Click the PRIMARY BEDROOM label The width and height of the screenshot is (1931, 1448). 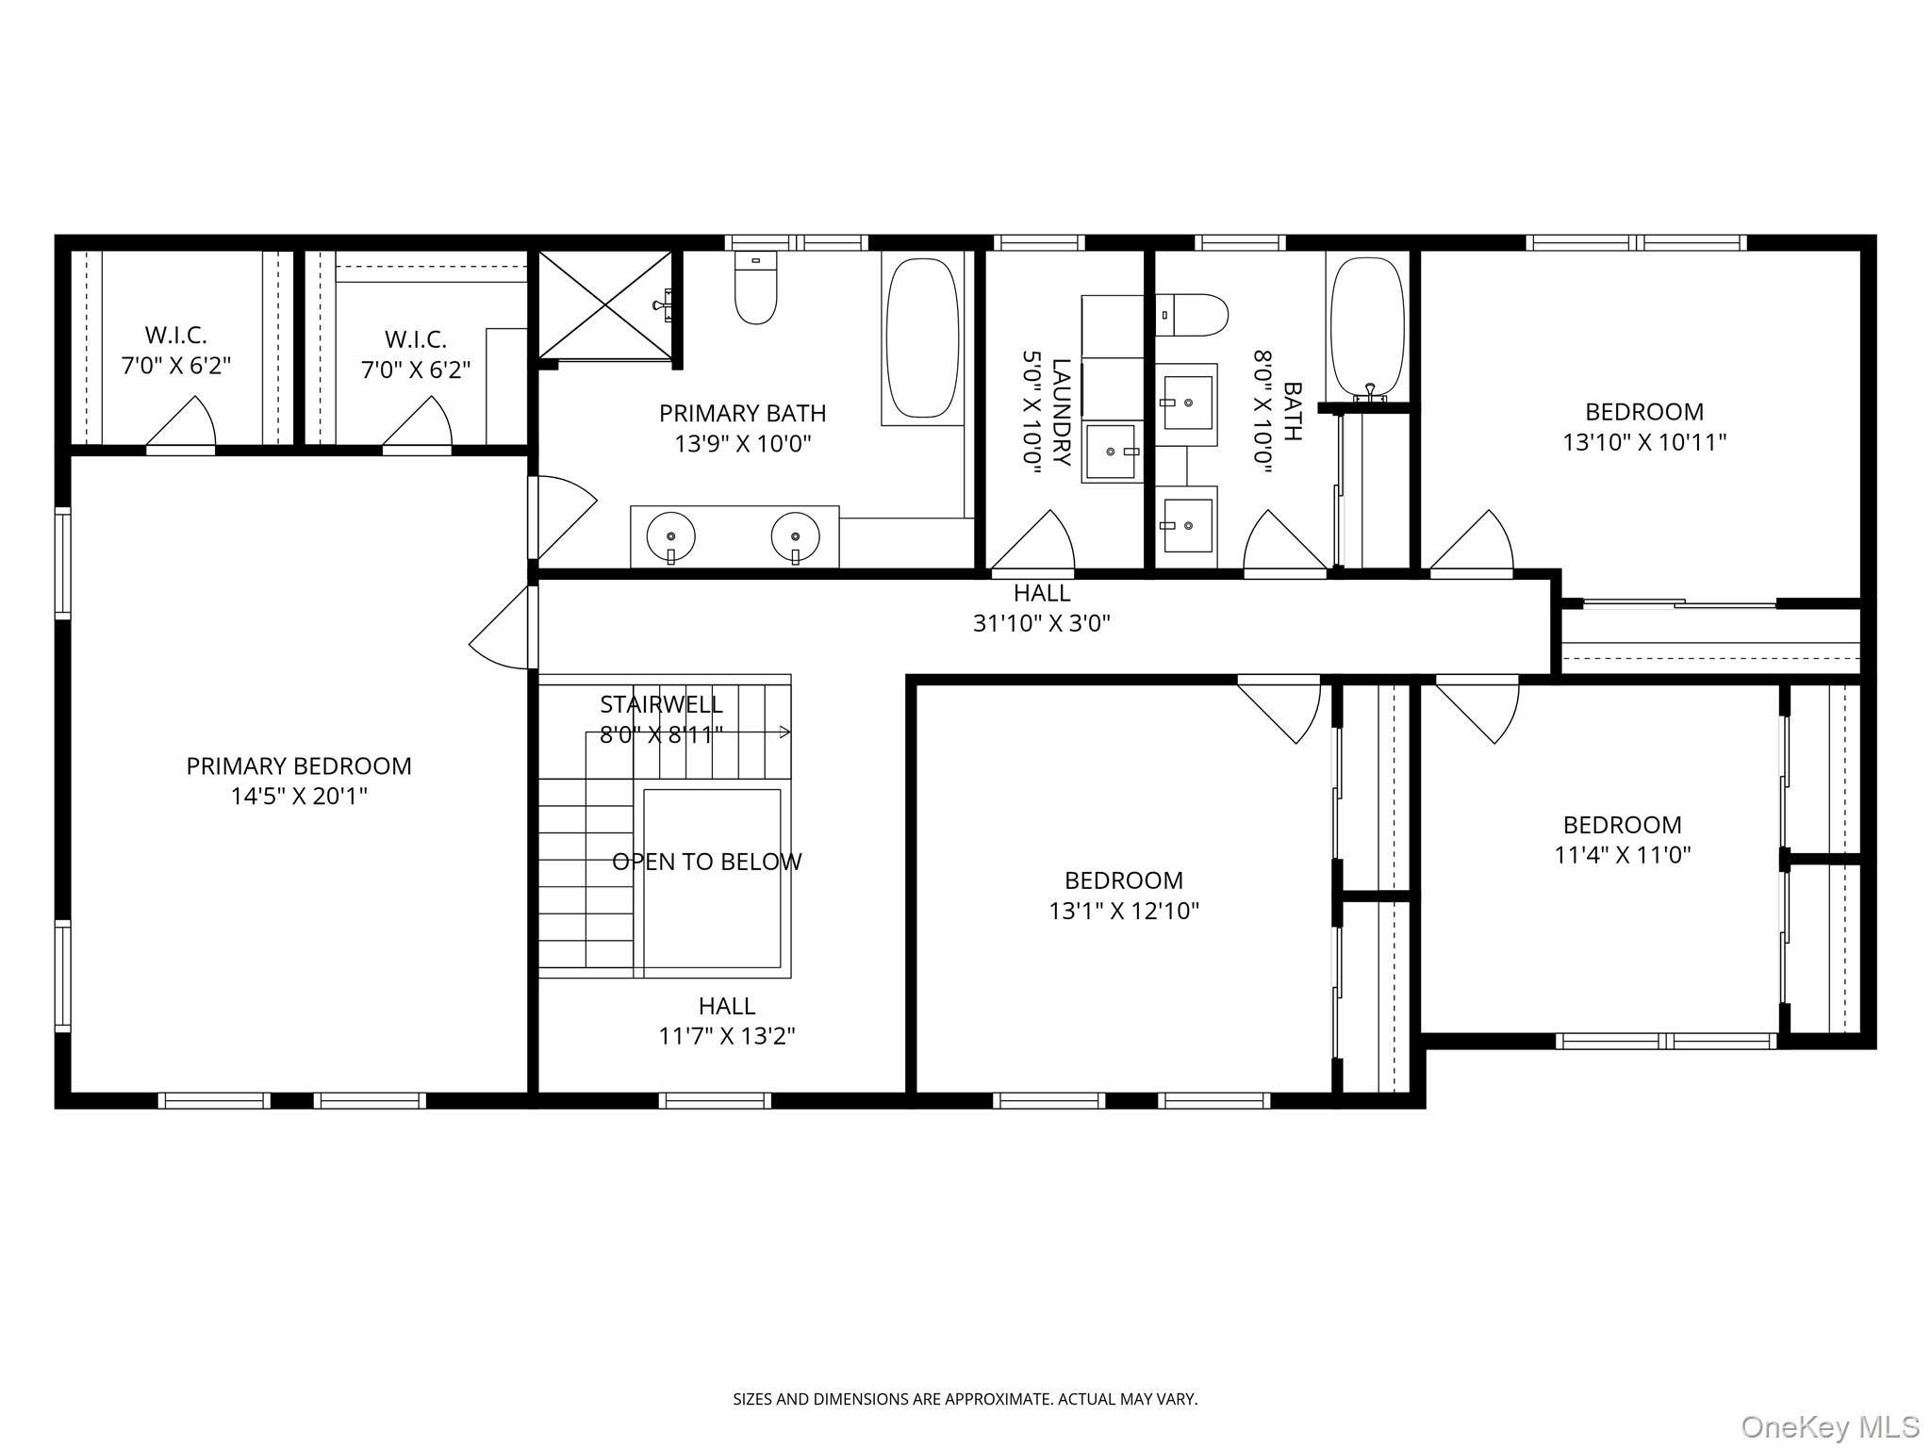tap(299, 766)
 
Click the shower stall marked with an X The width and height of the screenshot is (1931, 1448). tap(605, 304)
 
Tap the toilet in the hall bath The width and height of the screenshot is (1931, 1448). tap(1192, 315)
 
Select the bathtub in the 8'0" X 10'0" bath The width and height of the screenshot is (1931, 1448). tap(1366, 326)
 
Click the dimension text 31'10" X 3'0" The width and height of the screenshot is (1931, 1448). tap(1041, 623)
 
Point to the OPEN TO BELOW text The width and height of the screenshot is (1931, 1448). tap(706, 862)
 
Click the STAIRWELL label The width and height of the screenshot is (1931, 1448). tap(661, 704)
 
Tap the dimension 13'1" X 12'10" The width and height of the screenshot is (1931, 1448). tap(1123, 911)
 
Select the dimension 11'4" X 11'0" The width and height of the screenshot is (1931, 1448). tap(1622, 855)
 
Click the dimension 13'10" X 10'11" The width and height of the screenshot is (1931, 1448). tap(1643, 442)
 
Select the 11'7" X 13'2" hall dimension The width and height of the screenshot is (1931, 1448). tap(726, 1036)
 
